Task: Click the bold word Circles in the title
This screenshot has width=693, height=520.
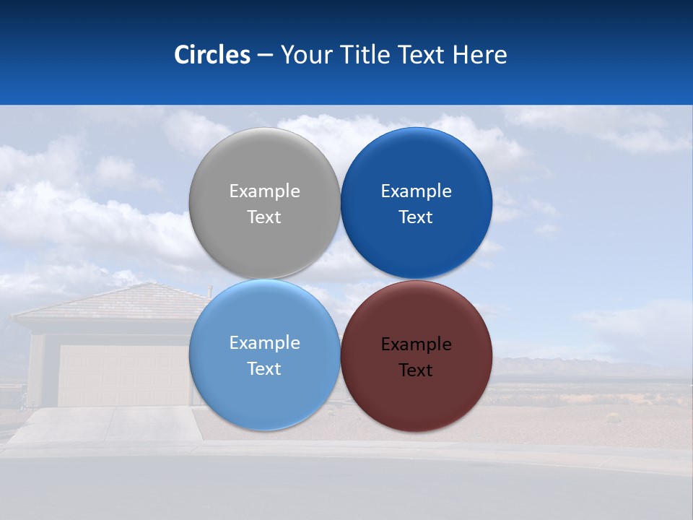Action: coord(212,55)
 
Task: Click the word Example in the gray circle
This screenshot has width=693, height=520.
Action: coord(264,191)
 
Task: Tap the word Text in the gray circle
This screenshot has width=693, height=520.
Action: coord(264,217)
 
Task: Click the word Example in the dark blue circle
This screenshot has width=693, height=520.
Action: coord(416,191)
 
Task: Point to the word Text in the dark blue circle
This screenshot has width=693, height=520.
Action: coord(416,217)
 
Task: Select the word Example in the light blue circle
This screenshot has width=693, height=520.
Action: coord(264,343)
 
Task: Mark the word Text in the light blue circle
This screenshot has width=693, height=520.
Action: coord(264,369)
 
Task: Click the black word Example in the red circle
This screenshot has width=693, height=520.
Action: coord(416,344)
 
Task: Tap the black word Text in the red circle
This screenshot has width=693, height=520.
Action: coord(416,370)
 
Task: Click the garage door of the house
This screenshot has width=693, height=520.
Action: coord(123,376)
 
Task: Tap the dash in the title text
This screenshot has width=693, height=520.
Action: coord(265,56)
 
